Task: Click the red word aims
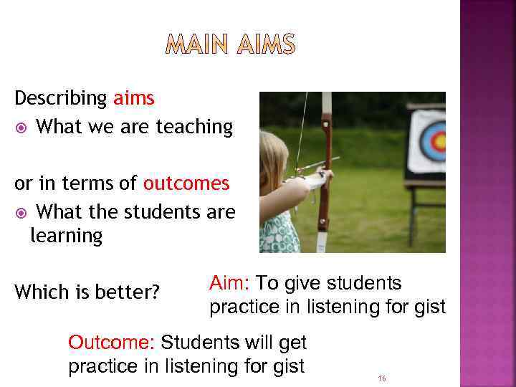tap(133, 98)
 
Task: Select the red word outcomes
tap(186, 183)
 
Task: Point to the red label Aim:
tap(229, 283)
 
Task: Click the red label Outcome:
tap(112, 342)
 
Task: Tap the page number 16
tap(381, 378)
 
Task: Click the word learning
tap(66, 236)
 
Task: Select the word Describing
tap(61, 98)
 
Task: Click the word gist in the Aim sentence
tap(429, 307)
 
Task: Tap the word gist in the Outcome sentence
tap(287, 366)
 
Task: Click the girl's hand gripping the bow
tap(324, 176)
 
